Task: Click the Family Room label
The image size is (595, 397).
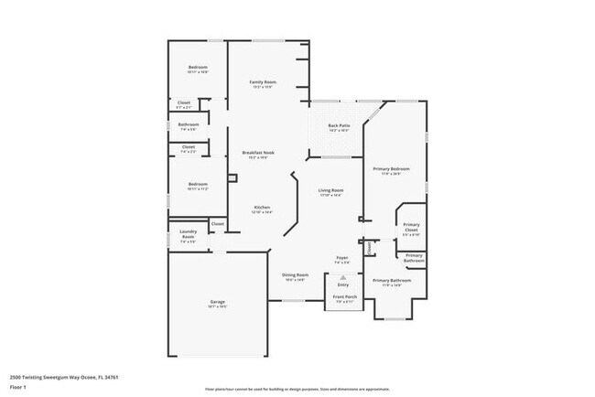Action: [263, 82]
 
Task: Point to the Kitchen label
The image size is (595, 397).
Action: [262, 208]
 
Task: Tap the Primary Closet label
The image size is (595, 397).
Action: [411, 227]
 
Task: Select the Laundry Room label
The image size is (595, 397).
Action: [188, 234]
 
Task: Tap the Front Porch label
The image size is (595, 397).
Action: [344, 297]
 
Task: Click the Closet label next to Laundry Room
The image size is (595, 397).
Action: [218, 223]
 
